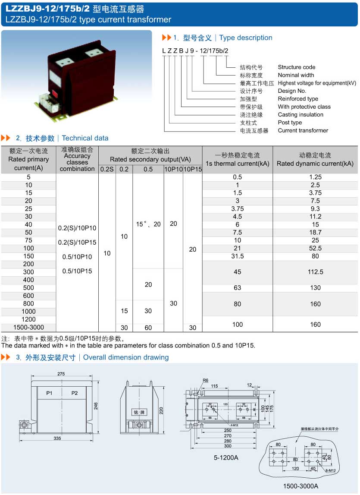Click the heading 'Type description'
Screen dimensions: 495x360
[x=246, y=38]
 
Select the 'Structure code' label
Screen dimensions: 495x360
[x=296, y=67]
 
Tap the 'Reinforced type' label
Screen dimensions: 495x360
[x=298, y=99]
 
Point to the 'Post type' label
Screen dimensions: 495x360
[x=290, y=123]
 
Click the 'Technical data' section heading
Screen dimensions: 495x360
[x=85, y=139]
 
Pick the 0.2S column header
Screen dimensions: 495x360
[x=107, y=170]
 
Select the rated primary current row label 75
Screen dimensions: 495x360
[x=28, y=240]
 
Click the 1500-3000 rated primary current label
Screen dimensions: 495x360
[x=28, y=327]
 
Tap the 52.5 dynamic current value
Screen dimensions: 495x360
[x=315, y=248]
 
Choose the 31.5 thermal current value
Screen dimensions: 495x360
[x=237, y=256]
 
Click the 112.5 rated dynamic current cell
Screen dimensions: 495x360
[x=315, y=272]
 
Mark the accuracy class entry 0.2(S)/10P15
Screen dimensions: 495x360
[x=77, y=242]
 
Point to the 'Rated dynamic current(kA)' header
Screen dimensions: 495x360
[x=315, y=164]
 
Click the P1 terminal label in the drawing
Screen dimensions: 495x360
[x=50, y=393]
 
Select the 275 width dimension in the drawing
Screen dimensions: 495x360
[x=61, y=374]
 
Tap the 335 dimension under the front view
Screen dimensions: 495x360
[x=57, y=438]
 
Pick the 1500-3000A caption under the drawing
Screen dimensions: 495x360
[x=301, y=486]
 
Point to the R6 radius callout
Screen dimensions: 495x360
[x=206, y=381]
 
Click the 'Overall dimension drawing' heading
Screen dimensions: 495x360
[x=126, y=357]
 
